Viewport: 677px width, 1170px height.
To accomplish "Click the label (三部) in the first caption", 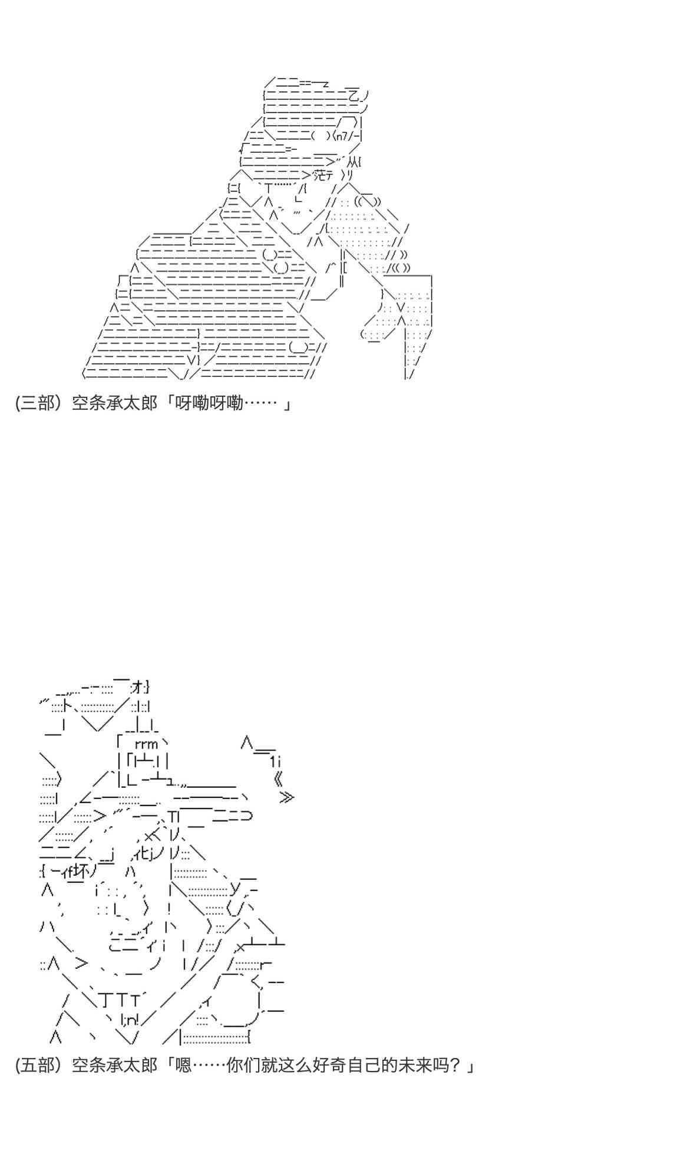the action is [38, 403].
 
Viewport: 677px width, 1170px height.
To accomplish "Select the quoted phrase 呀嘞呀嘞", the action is [209, 403].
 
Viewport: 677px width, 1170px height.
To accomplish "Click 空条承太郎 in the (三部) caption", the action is [114, 403].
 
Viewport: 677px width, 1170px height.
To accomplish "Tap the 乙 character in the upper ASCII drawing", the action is [354, 94].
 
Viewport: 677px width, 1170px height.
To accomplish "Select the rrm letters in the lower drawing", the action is [146, 744].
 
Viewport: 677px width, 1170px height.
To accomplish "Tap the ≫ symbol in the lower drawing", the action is [286, 797].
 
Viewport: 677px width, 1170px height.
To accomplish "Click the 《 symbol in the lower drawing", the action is [279, 780].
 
